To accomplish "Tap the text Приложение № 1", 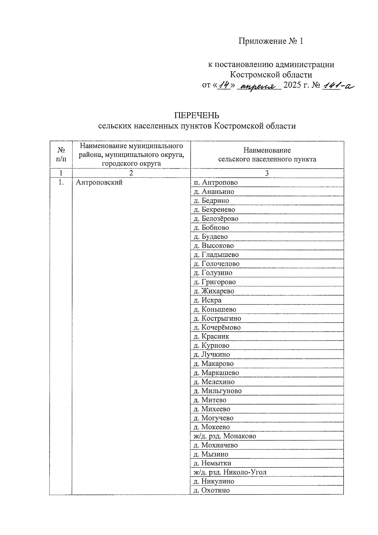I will pyautogui.click(x=271, y=41).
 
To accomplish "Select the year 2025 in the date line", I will pyautogui.click(x=293, y=85).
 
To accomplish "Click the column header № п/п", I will pyautogui.click(x=61, y=154).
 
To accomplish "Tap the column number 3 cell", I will pyautogui.click(x=267, y=173).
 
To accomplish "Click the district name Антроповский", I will pyautogui.click(x=99, y=183).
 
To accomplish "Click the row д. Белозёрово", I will pyautogui.click(x=216, y=218).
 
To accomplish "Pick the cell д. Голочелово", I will pyautogui.click(x=216, y=264).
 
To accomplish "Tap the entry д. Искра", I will pyautogui.click(x=207, y=300).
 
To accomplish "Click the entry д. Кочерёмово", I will pyautogui.click(x=217, y=328).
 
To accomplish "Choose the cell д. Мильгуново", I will pyautogui.click(x=217, y=391).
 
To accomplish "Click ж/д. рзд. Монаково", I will pyautogui.click(x=225, y=436).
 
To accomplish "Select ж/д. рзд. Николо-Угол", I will pyautogui.click(x=230, y=472).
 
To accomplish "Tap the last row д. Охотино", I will pyautogui.click(x=211, y=490).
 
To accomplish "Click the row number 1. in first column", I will pyautogui.click(x=61, y=183).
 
